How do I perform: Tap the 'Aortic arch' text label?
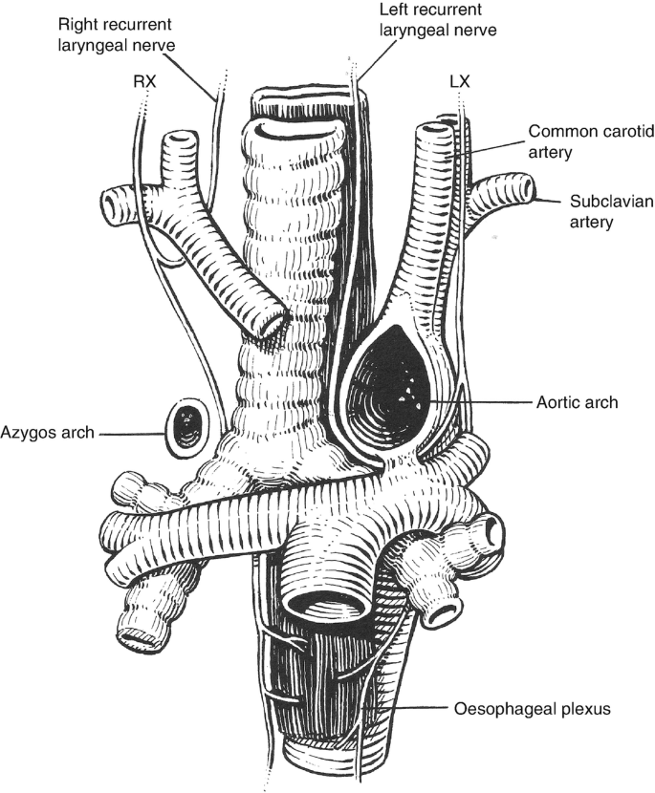(578, 402)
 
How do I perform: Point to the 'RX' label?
(144, 82)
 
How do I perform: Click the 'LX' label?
(459, 83)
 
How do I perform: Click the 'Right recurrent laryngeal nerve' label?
(121, 32)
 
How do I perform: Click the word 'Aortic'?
(560, 402)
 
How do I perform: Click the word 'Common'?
(560, 131)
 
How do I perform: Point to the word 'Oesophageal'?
(501, 710)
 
